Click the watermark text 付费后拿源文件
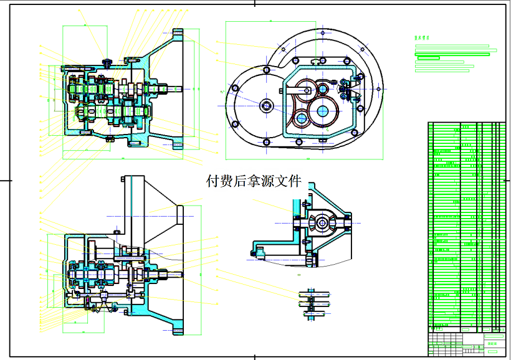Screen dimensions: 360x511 pyautogui.click(x=254, y=181)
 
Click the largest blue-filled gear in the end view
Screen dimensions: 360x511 pyautogui.click(x=323, y=110)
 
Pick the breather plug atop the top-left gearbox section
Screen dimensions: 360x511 pyautogui.click(x=108, y=61)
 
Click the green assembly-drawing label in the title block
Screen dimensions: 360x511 pyautogui.click(x=495, y=343)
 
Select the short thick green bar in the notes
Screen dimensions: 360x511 pyautogui.click(x=428, y=58)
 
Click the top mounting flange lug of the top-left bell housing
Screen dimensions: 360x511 pyautogui.click(x=178, y=32)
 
